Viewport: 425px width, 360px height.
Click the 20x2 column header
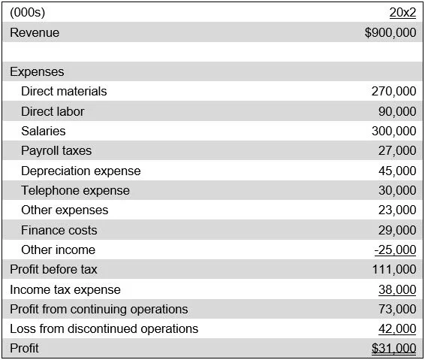402,13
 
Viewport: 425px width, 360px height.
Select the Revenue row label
35,32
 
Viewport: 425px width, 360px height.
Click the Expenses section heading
37,72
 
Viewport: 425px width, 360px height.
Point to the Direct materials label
64,92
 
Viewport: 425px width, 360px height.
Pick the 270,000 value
393,92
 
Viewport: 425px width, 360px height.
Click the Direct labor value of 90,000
397,111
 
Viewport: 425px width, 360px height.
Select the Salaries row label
44,131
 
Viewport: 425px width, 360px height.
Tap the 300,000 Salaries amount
393,131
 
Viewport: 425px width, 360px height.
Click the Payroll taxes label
56,150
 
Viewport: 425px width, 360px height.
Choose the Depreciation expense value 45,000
397,171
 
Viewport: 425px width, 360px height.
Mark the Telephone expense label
75,190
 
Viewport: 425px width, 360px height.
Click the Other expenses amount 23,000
397,210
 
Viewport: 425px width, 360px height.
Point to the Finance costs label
59,230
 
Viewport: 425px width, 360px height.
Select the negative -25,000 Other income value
395,250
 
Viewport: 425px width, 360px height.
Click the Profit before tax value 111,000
393,269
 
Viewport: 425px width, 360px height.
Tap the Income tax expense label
65,289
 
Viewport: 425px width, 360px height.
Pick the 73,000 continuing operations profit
397,309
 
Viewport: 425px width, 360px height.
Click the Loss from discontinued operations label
104,328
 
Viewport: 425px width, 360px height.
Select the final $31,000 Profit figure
393,349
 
